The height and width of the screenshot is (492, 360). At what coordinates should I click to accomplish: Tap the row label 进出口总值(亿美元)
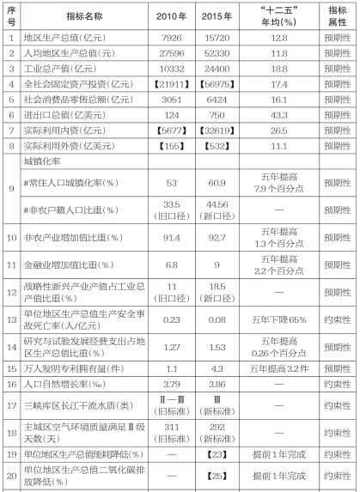click(x=63, y=115)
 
